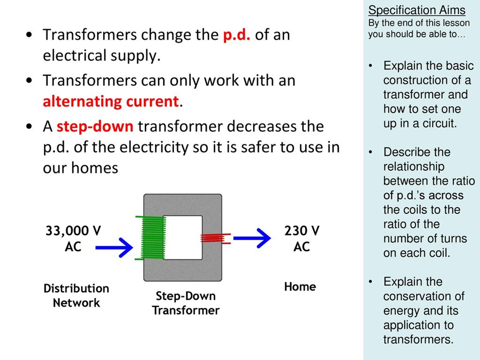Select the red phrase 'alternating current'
click(x=111, y=102)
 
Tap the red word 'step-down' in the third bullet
click(x=95, y=127)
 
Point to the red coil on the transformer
click(x=214, y=238)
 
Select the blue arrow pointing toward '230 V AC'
click(x=252, y=238)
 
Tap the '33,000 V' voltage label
click(x=73, y=231)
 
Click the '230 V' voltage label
click(x=302, y=231)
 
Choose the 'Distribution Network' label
click(x=76, y=296)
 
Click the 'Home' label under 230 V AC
click(x=300, y=287)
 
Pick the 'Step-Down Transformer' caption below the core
click(x=186, y=303)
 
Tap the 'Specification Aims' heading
click(x=417, y=10)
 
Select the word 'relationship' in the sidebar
click(x=414, y=166)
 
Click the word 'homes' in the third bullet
click(x=95, y=168)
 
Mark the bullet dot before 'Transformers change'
click(x=29, y=35)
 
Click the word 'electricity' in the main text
click(x=154, y=147)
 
